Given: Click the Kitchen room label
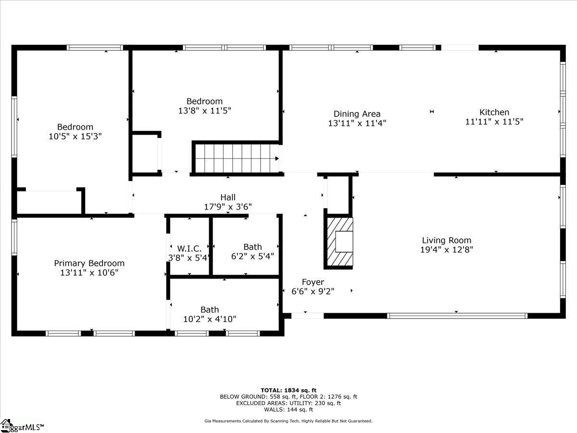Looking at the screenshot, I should coord(494,112).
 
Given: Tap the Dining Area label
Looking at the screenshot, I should coord(357,114).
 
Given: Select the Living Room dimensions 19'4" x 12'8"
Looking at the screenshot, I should coord(446,249).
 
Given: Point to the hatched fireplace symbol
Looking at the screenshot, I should coord(340,241).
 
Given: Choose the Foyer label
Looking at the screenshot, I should coord(313,282).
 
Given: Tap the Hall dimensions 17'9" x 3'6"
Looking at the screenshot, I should coord(228,206).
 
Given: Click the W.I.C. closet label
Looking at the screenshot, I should coord(189,248).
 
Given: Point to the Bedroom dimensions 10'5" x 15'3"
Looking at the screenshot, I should coord(75,136).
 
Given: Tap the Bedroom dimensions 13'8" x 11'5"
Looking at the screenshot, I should coord(204,110).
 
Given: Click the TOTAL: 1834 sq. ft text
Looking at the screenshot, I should coord(288,390).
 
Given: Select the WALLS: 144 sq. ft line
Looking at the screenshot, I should coord(288,409).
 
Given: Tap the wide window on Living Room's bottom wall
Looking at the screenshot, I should coord(457,316).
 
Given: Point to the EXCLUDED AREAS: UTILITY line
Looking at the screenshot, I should coord(288,403).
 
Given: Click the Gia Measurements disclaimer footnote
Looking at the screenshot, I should coord(288,421).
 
